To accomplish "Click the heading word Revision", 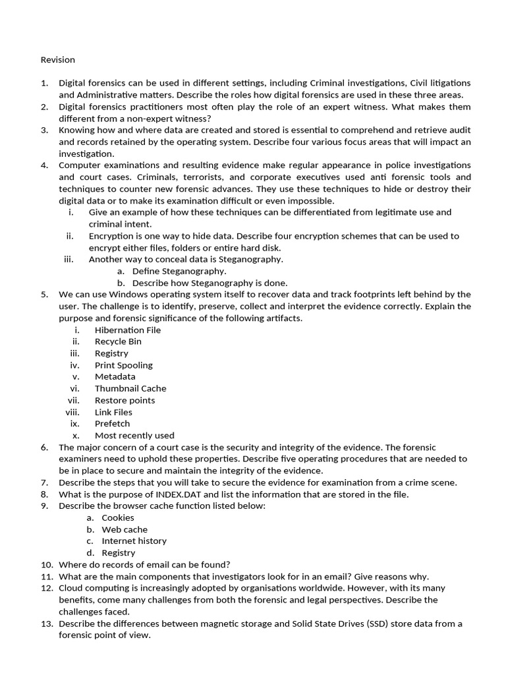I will pyautogui.click(x=58, y=60).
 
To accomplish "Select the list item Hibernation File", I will pyautogui.click(x=127, y=330).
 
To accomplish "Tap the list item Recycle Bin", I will pyautogui.click(x=118, y=341).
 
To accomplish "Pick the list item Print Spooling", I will pyautogui.click(x=123, y=365).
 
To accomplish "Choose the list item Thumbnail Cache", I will pyautogui.click(x=130, y=388).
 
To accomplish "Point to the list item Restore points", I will pyautogui.click(x=125, y=400).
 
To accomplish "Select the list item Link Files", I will pyautogui.click(x=113, y=412).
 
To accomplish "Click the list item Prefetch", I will pyautogui.click(x=112, y=424).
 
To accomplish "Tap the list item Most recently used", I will pyautogui.click(x=134, y=435).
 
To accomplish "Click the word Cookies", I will pyautogui.click(x=118, y=517).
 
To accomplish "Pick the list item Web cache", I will pyautogui.click(x=125, y=529).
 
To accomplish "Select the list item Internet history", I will pyautogui.click(x=134, y=541).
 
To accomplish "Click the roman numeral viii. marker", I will pyautogui.click(x=72, y=412).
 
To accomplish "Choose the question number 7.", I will pyautogui.click(x=44, y=483).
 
